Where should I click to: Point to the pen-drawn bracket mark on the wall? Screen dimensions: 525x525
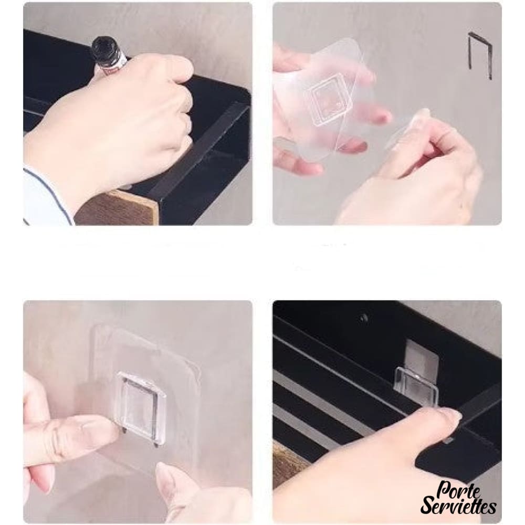[479, 55]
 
